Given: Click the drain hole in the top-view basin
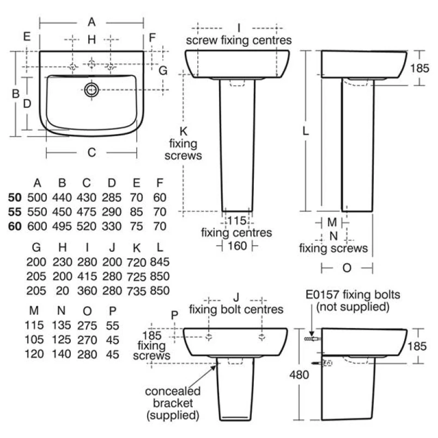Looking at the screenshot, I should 90,89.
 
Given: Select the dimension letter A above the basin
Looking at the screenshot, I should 92,22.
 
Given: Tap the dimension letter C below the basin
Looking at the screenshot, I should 92,153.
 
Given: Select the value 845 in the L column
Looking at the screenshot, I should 159,261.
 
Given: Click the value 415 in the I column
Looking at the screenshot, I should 88,276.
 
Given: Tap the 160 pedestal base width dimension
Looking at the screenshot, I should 238,246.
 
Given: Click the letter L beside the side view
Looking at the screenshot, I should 306,131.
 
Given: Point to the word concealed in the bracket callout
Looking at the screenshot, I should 173,391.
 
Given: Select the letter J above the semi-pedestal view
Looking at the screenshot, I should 236,297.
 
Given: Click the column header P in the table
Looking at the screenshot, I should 113,312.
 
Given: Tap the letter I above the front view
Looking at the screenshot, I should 239,27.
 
